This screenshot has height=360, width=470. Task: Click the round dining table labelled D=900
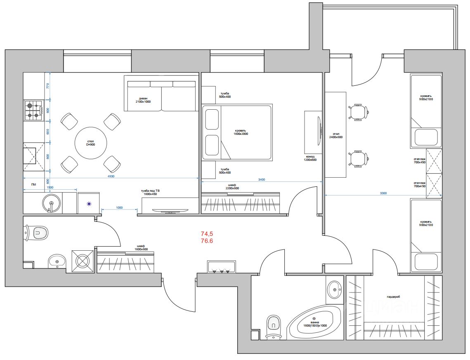point(90,143)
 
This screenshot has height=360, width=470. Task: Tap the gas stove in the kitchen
point(34,110)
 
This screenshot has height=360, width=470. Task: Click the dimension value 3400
point(261,179)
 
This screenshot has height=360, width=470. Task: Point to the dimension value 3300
point(383,193)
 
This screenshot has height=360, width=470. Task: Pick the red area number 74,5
point(207,234)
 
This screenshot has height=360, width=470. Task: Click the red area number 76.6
point(207,241)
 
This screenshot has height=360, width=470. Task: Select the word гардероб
point(394,296)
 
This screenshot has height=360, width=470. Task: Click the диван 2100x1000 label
point(143,99)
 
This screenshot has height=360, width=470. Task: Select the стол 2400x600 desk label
point(336,136)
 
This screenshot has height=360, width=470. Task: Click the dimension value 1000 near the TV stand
point(119,208)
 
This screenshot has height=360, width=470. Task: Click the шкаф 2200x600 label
point(232,187)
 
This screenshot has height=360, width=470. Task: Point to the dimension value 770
point(47,86)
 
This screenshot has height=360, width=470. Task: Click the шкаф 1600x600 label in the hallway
point(141,248)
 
